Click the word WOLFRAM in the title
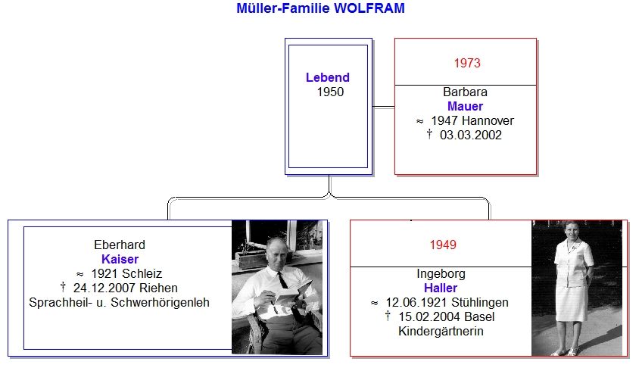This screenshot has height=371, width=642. [369, 8]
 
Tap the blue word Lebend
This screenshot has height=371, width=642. [328, 77]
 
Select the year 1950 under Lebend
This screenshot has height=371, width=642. [330, 92]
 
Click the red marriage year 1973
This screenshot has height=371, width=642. [467, 63]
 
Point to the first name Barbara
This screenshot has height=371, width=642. [465, 92]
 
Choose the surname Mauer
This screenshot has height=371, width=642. [465, 106]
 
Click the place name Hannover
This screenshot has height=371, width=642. [488, 120]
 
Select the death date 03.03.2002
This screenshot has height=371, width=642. [471, 135]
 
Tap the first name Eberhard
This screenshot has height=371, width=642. [120, 245]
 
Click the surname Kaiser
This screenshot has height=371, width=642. [120, 259]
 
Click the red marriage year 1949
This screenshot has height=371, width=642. [443, 245]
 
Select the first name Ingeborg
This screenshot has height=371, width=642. [441, 273]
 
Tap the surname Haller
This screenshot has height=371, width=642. [441, 288]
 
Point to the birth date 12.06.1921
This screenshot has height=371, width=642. [417, 302]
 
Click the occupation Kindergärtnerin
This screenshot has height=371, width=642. [441, 331]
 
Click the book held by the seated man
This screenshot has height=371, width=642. [291, 294]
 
